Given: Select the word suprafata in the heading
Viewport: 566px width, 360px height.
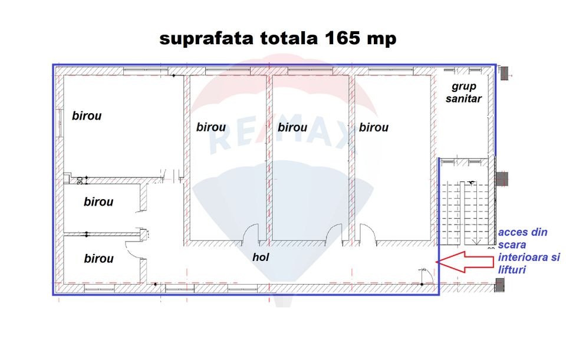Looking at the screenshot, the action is [x=206, y=39].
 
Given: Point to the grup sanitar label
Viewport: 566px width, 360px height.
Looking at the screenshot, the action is [x=463, y=93].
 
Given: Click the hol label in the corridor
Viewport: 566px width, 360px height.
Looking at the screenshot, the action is [x=261, y=257].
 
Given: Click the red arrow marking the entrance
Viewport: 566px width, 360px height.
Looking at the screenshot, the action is [x=465, y=262].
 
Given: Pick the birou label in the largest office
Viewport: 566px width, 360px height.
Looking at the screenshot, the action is [x=87, y=116].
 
